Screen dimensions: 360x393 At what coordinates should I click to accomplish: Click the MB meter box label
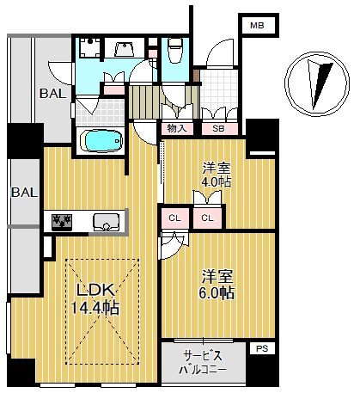point(257,26)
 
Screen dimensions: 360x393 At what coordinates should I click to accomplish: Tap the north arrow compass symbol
point(317,84)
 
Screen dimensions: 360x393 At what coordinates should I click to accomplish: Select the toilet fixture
point(174,50)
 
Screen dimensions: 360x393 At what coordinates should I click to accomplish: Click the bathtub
point(101,141)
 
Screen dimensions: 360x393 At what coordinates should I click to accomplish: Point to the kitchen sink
point(106,222)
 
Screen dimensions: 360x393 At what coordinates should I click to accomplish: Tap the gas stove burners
point(61,222)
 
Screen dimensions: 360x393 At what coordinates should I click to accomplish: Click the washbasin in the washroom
point(125,49)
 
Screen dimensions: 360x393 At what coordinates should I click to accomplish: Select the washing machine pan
point(90,47)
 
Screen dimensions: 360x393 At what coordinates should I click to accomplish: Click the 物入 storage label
point(177,128)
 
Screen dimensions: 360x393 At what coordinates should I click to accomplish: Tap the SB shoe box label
point(218,129)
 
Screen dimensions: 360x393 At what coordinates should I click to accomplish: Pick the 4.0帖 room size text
point(217,182)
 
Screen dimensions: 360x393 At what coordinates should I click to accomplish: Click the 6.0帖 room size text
point(217,292)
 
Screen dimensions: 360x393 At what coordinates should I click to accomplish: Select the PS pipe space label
point(262,348)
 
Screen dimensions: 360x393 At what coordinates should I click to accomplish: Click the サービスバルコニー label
point(203,363)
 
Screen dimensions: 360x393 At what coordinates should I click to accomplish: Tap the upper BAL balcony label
point(53,94)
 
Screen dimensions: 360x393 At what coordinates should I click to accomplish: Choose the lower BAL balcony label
point(24,193)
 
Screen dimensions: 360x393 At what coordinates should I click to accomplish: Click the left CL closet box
point(174,218)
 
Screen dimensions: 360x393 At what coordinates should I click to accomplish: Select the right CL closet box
point(207,218)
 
